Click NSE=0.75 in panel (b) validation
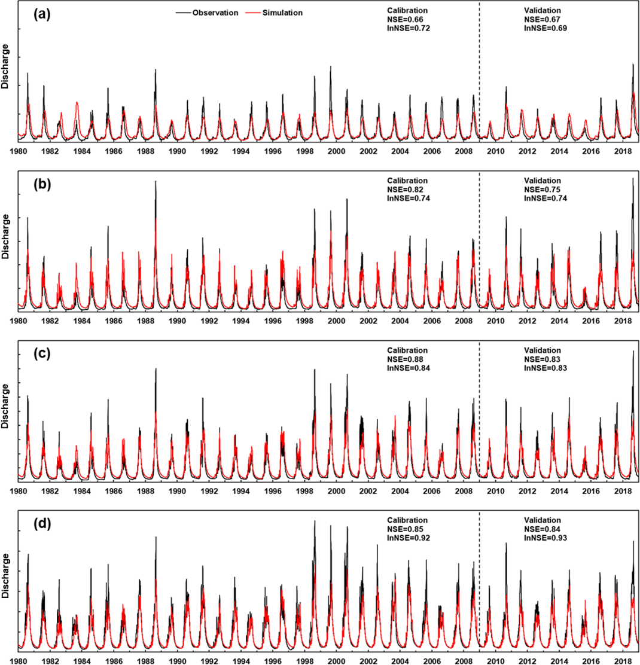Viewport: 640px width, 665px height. [x=541, y=190]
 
